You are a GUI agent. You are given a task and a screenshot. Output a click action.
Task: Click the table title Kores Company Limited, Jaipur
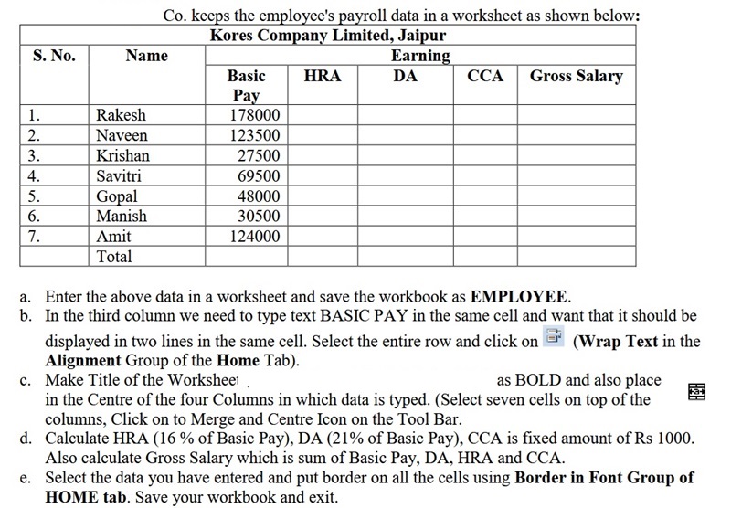coord(328,37)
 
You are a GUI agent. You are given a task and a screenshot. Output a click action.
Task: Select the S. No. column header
coord(54,56)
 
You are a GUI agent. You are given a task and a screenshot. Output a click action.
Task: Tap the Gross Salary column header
coord(576,76)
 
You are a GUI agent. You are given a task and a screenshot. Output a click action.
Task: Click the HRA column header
coord(322,76)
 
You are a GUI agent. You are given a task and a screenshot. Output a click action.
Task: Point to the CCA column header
coord(484,76)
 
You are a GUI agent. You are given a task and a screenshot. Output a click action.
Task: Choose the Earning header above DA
coord(420,56)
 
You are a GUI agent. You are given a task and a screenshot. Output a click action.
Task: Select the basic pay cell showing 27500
coord(259,155)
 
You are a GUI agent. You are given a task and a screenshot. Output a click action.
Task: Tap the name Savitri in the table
coord(119,175)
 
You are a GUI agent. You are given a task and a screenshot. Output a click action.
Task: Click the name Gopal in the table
coord(117,196)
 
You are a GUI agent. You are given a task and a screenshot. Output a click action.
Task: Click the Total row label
coord(114,256)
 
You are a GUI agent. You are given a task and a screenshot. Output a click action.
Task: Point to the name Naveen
coord(122,135)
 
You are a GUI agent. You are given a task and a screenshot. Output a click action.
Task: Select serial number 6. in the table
coord(34,216)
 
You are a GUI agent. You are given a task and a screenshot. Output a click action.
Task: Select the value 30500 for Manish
coord(259,216)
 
